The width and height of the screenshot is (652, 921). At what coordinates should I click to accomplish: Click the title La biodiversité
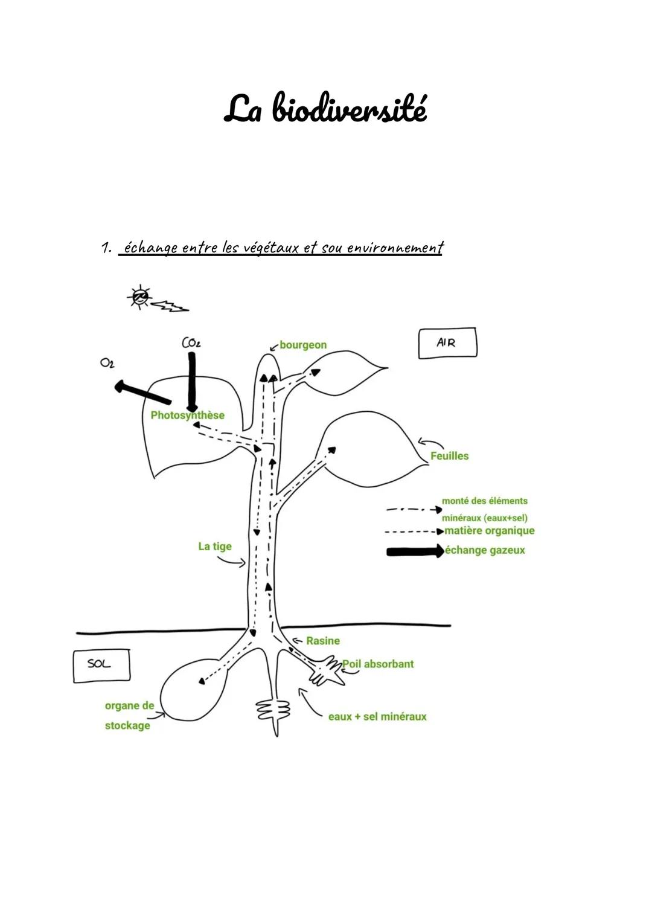pyautogui.click(x=325, y=109)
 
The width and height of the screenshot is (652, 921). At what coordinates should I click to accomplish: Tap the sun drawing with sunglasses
pyautogui.click(x=140, y=297)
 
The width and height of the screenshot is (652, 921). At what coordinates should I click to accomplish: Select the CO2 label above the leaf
pyautogui.click(x=191, y=343)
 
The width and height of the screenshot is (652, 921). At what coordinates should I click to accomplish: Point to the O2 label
pyautogui.click(x=107, y=363)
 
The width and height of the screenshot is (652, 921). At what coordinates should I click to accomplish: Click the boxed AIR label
pyautogui.click(x=447, y=343)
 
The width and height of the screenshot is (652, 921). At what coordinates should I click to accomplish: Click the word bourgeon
pyautogui.click(x=302, y=345)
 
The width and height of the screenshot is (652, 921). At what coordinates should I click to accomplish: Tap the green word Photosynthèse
pyautogui.click(x=187, y=416)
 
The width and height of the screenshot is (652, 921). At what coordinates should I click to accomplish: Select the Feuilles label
pyautogui.click(x=449, y=456)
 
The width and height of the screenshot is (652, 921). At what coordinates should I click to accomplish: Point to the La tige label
pyautogui.click(x=215, y=547)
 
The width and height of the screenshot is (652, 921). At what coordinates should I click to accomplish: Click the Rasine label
pyautogui.click(x=322, y=641)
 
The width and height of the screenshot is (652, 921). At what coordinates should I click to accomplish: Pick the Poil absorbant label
pyautogui.click(x=378, y=664)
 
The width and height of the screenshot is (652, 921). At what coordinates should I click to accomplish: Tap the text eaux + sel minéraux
pyautogui.click(x=377, y=717)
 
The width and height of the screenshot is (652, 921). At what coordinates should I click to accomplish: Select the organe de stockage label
pyautogui.click(x=129, y=715)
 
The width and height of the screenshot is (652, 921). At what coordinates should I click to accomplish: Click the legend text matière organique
pyautogui.click(x=490, y=531)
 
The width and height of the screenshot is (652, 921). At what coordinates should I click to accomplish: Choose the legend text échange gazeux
pyautogui.click(x=485, y=550)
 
